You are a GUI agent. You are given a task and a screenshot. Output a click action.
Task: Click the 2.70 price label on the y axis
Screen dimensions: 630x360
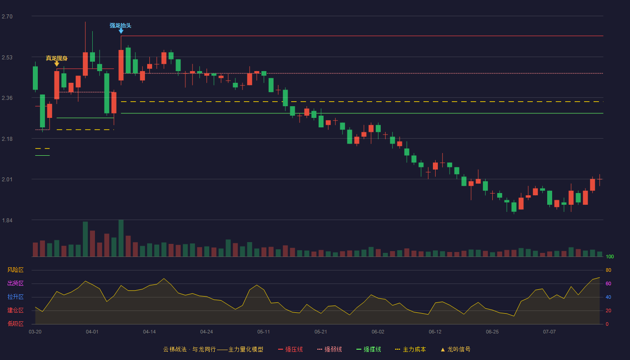pos(7,17)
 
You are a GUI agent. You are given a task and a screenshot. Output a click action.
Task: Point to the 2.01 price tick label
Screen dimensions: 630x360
pos(7,180)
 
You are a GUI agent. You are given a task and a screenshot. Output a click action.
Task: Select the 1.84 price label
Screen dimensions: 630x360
pos(7,220)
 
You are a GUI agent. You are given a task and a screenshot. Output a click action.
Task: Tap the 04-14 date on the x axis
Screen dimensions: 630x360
pos(149,332)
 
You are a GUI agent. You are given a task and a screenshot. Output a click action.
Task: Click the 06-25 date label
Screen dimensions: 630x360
pos(492,332)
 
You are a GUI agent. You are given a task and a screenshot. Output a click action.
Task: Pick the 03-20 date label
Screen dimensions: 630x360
pos(35,332)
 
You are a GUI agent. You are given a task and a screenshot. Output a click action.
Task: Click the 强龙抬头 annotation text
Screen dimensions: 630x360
pos(121,26)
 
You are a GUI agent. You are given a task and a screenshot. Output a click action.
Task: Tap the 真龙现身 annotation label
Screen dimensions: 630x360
pos(57,58)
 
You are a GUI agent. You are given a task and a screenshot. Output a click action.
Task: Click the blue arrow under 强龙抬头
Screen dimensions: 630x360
pos(121,31)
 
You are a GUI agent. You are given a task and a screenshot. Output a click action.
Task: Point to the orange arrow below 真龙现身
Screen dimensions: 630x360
pos(57,64)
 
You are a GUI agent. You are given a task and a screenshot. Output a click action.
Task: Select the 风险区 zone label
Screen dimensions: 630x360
pos(15,270)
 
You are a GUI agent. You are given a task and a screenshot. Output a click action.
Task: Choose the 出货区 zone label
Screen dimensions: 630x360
pos(15,283)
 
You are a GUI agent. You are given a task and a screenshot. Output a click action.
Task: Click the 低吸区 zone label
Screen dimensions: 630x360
pos(15,324)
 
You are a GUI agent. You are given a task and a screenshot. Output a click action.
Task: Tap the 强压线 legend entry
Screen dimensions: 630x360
pos(290,349)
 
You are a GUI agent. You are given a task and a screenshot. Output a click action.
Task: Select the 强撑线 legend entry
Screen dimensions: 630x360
pos(369,349)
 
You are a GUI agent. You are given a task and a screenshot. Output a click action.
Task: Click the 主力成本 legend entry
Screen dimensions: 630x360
pos(410,349)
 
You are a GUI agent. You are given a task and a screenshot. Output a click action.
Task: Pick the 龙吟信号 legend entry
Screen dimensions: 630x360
pos(455,349)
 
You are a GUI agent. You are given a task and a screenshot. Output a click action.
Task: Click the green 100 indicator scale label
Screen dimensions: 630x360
pos(610,256)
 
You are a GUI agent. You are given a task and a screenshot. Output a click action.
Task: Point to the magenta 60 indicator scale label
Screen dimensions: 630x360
pos(608,283)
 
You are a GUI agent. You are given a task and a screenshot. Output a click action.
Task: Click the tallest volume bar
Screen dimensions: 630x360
pos(121,238)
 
